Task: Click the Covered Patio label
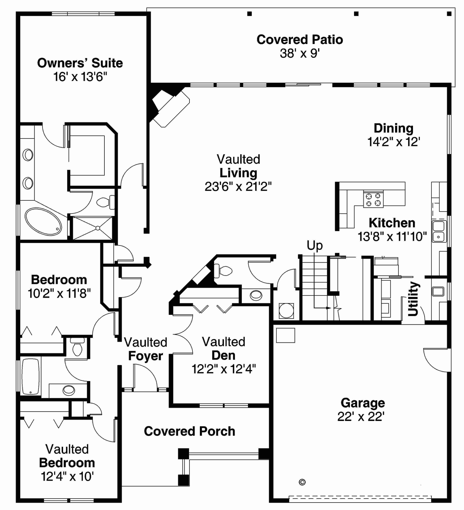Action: [x=300, y=40]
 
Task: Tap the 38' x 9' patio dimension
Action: [x=300, y=53]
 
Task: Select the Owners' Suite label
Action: [x=80, y=63]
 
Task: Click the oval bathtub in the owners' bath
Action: [x=43, y=222]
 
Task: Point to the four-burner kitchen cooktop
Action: [x=373, y=199]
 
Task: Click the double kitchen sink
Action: [x=439, y=231]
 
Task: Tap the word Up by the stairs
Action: [x=315, y=245]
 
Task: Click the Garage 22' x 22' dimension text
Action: [x=361, y=416]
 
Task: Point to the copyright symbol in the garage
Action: [x=302, y=482]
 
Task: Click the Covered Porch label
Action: [x=189, y=431]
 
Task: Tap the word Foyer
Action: [x=145, y=356]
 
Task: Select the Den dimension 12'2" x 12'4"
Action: [x=224, y=369]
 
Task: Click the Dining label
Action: [x=393, y=128]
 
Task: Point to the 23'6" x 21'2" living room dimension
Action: [x=238, y=187]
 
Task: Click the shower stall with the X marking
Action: [x=93, y=228]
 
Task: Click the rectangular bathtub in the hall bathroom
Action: [x=31, y=377]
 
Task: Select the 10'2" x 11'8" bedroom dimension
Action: [x=59, y=294]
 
